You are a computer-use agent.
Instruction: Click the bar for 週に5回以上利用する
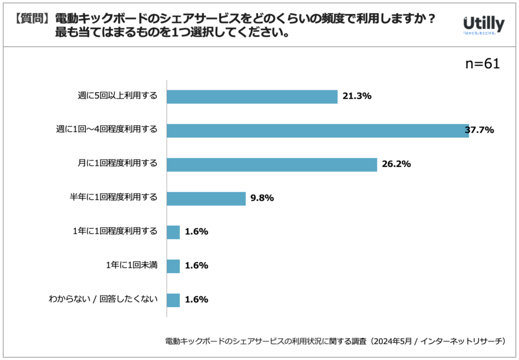coord(252,97)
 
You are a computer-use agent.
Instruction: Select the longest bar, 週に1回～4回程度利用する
coord(318,131)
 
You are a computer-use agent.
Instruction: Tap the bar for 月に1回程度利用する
coord(272,165)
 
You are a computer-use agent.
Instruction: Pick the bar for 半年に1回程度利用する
coord(206,199)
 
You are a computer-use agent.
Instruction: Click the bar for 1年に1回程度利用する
coord(173,232)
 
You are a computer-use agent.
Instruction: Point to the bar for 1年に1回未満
coord(173,266)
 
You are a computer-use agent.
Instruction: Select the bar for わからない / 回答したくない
coord(173,300)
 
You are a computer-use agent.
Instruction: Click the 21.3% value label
coord(357,96)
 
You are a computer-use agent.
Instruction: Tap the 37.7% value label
coord(479,130)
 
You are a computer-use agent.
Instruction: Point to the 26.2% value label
coord(397,164)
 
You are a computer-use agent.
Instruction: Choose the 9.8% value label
coord(262,198)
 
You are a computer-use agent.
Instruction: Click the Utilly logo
coord(484,25)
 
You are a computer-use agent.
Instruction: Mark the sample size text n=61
coord(483,64)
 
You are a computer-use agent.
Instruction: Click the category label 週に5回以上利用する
coord(118,96)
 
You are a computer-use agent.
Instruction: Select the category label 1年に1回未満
coord(132,265)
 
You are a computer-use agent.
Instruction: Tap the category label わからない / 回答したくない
coord(103,299)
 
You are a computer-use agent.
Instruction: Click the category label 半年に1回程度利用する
coord(113,197)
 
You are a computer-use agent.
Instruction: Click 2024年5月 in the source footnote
coord(393,341)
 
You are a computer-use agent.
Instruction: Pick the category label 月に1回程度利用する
coord(118,163)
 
